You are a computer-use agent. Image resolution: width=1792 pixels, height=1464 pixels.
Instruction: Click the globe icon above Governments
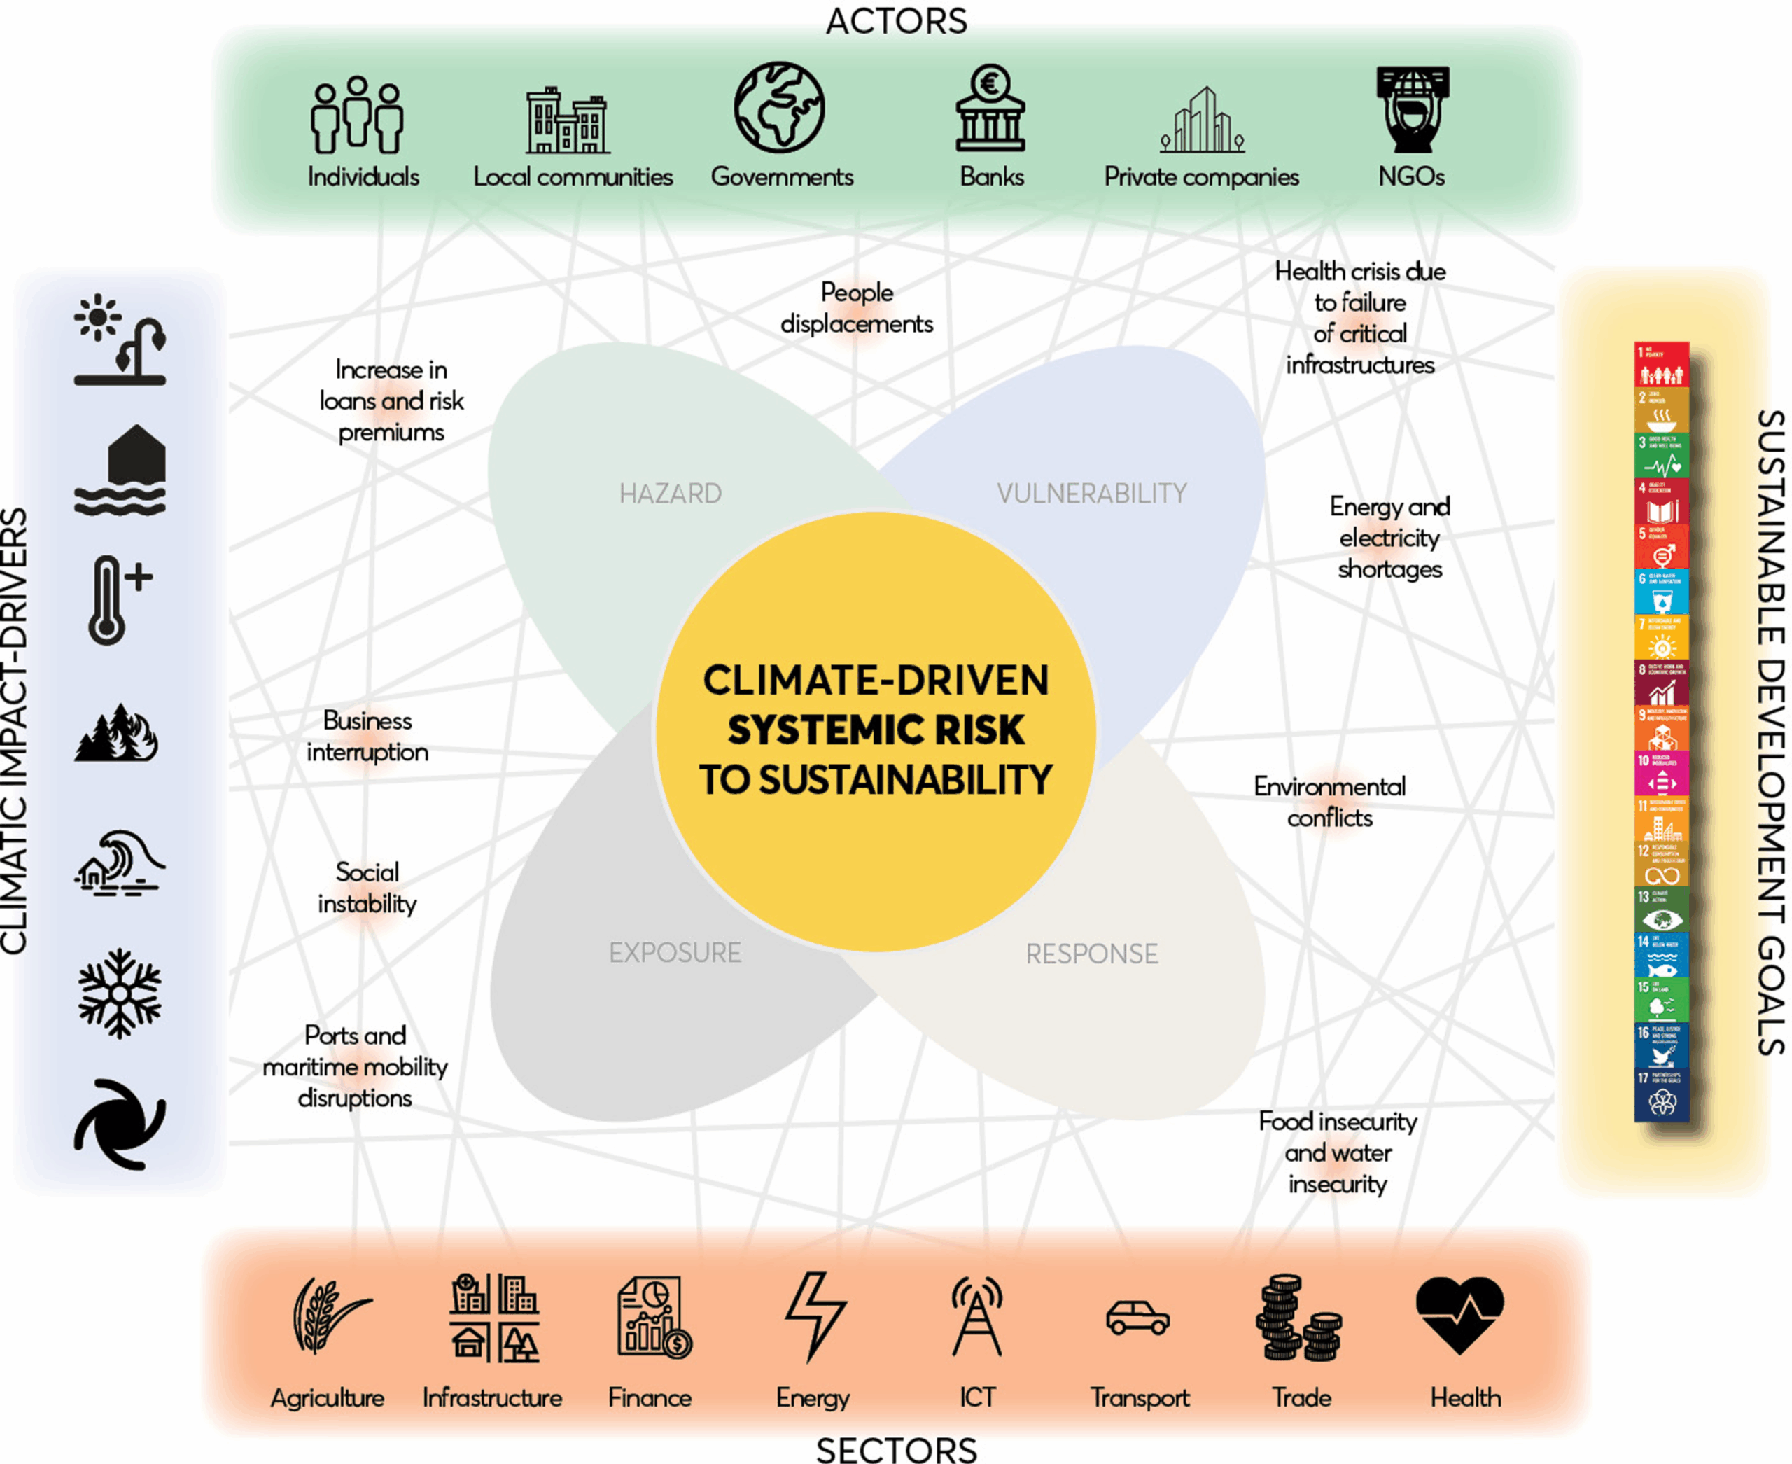pyautogui.click(x=779, y=107)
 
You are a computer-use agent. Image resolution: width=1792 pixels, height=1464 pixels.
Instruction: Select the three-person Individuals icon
pyautogui.click(x=357, y=116)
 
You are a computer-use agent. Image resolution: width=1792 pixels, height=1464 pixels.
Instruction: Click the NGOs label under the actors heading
pyautogui.click(x=1410, y=176)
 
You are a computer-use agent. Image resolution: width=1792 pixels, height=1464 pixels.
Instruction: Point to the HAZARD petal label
pyautogui.click(x=671, y=494)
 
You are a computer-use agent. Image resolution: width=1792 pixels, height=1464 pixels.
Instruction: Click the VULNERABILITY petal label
pyautogui.click(x=1091, y=494)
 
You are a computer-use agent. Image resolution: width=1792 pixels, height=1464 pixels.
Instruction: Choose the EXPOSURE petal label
pyautogui.click(x=675, y=952)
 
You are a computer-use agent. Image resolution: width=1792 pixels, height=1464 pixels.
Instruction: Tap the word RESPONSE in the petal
pyautogui.click(x=1091, y=954)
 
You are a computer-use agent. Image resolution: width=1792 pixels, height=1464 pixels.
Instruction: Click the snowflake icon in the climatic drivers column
pyautogui.click(x=120, y=993)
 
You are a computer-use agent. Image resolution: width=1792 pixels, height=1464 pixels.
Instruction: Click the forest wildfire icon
pyautogui.click(x=117, y=733)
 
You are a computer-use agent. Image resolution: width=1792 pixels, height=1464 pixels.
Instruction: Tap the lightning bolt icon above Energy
pyautogui.click(x=815, y=1316)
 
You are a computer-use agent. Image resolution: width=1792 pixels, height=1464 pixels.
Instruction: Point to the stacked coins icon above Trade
pyautogui.click(x=1298, y=1318)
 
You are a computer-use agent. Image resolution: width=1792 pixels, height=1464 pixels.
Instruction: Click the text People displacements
pyautogui.click(x=856, y=308)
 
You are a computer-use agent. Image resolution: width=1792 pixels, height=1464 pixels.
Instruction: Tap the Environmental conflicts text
pyautogui.click(x=1329, y=802)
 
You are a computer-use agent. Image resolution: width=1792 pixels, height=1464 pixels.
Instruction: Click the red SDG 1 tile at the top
pyautogui.click(x=1661, y=364)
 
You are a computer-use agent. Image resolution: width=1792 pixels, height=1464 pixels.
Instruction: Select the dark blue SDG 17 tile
pyautogui.click(x=1661, y=1094)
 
